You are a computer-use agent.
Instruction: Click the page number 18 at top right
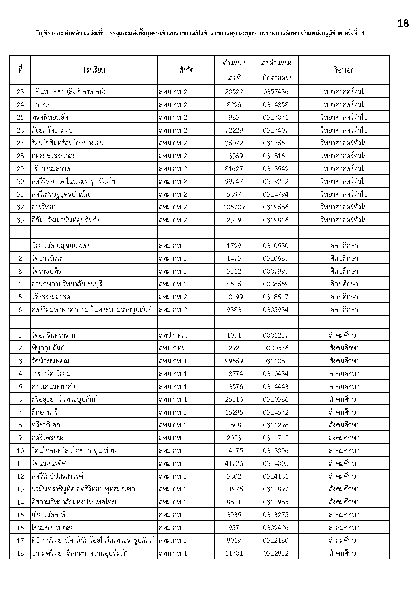[x=403, y=23]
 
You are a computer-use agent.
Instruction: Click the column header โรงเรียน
[x=94, y=70]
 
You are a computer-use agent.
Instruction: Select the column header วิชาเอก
[x=344, y=70]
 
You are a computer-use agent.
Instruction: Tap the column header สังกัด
[x=186, y=70]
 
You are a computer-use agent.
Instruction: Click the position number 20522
[x=234, y=92]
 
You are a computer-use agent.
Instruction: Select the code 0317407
[x=276, y=130]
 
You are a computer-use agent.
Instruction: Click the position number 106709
[x=234, y=207]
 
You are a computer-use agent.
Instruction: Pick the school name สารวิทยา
[x=44, y=207]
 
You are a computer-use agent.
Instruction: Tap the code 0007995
[x=276, y=271]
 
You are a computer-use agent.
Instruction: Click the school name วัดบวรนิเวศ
[x=47, y=258]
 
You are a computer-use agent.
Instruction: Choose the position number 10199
[x=234, y=297]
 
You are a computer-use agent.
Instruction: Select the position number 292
[x=234, y=348]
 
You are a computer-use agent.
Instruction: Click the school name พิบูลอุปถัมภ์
[x=48, y=348]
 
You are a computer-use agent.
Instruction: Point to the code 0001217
[x=276, y=335]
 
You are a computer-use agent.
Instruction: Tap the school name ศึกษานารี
[x=45, y=412]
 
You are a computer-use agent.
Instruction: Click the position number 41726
[x=234, y=463]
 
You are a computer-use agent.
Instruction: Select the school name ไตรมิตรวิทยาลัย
[x=53, y=528]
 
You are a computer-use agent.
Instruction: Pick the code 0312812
[x=276, y=553]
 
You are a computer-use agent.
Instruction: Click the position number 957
[x=234, y=528]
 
